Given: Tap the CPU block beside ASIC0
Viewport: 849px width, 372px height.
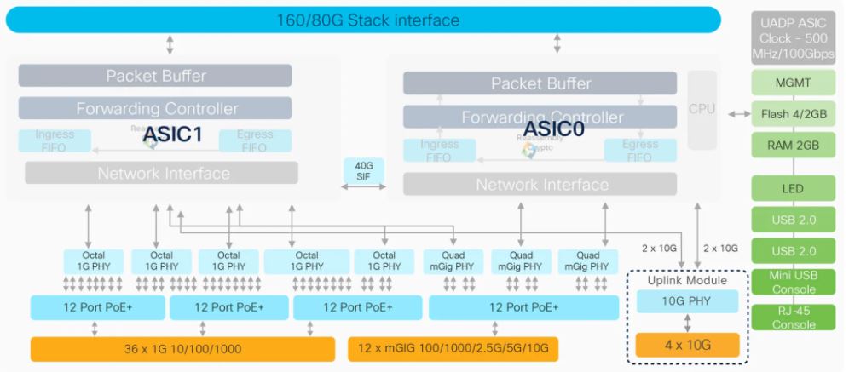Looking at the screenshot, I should click(x=702, y=109).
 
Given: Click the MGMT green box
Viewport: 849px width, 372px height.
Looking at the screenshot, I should click(x=787, y=83).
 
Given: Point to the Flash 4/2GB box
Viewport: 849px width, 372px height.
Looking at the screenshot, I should click(x=787, y=114).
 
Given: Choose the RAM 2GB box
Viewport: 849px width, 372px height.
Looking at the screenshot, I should click(x=787, y=146).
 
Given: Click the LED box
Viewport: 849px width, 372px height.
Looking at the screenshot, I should click(x=787, y=188).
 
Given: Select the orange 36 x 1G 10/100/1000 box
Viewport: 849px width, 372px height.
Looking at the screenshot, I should click(x=182, y=349).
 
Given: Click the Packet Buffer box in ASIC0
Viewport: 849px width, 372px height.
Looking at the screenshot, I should click(x=540, y=83).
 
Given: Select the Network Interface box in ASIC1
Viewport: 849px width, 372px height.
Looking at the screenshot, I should click(x=162, y=174).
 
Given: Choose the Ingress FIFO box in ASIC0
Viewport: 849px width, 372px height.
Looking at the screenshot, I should click(x=440, y=151).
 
